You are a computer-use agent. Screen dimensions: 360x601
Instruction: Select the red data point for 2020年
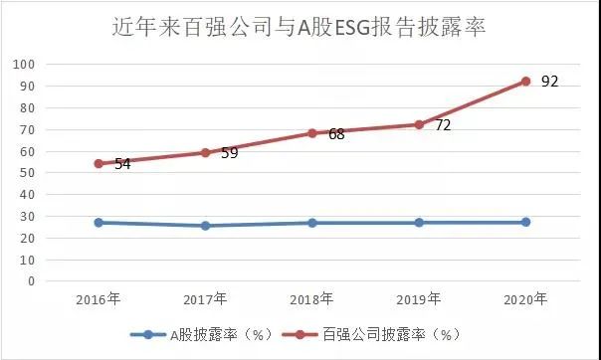tap(525, 82)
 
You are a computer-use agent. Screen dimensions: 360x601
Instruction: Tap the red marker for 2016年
tap(99, 163)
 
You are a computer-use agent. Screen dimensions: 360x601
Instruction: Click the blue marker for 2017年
tap(205, 226)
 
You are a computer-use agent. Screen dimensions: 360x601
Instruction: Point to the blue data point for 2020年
tap(525, 222)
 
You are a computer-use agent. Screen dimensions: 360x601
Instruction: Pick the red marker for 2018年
tap(311, 133)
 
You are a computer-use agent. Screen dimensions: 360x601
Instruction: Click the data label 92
tap(549, 81)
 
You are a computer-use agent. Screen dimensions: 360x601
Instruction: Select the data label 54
tap(122, 164)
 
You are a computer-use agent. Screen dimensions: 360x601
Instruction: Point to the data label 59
tap(229, 153)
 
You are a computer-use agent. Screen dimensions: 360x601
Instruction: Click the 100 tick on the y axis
tap(25, 65)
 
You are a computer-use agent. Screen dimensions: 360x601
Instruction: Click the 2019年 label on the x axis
tap(419, 299)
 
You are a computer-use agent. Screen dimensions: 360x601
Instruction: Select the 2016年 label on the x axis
tap(99, 299)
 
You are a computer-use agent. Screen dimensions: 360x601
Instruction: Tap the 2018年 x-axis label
tap(312, 299)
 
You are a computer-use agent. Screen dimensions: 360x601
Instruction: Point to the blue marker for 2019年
tap(419, 223)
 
